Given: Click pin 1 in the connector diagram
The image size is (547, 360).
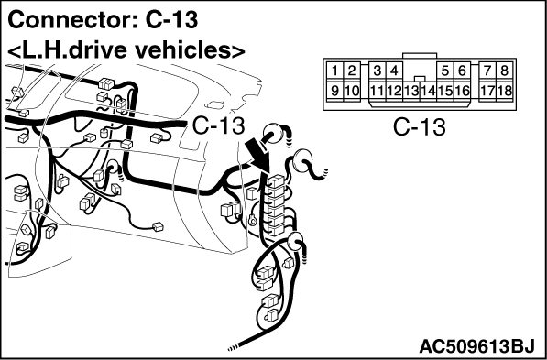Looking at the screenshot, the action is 335,71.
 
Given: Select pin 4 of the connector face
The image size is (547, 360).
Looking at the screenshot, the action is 394,71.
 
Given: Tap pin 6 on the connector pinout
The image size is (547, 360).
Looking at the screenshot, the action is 462,71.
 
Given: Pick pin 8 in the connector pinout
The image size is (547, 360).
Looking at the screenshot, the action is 504,71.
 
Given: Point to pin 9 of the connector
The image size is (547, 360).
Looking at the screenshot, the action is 335,91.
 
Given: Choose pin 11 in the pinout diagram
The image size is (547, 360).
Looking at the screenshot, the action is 377,91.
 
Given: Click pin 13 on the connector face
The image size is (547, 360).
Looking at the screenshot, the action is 411,91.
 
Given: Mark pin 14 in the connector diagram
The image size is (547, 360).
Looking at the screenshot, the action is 428,91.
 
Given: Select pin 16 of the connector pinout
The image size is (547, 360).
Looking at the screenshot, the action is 462,91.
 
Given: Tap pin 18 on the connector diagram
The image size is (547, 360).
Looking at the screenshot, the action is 504,91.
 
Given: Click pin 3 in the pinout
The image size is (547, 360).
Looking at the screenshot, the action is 377,71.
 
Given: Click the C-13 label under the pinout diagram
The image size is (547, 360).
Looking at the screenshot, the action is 420,127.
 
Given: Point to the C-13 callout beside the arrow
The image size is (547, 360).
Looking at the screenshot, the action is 218,125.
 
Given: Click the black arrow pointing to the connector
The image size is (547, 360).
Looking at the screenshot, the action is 258,154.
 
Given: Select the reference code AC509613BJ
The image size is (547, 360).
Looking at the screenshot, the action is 476,347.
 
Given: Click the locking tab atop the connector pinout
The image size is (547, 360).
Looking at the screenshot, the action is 420,56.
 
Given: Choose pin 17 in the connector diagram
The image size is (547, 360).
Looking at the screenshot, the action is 487,91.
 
